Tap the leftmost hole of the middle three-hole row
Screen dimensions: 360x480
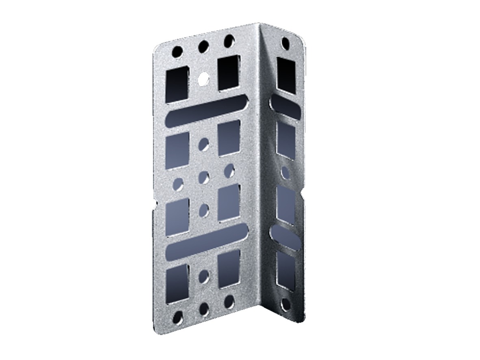pyautogui.click(x=178, y=184)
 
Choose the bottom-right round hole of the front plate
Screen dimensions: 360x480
pyautogui.click(x=229, y=301)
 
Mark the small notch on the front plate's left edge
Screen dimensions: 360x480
pyautogui.click(x=155, y=203)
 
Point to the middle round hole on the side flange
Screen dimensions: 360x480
pyautogui.click(x=286, y=172)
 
